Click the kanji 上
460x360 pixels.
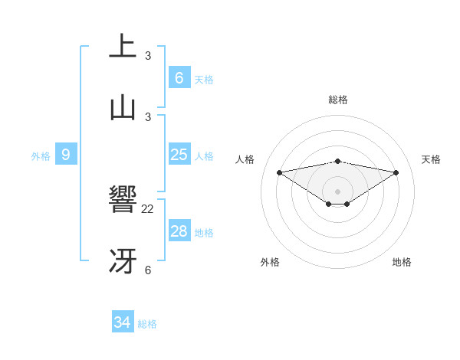point(123,45)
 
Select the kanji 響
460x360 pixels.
point(123,201)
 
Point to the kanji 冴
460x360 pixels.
point(123,261)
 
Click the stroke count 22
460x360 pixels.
point(148,208)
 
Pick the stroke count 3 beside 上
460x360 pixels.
point(148,55)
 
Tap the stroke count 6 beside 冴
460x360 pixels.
point(148,270)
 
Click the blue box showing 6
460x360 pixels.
point(179,78)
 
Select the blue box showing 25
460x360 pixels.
point(179,155)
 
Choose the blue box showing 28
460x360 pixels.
point(179,231)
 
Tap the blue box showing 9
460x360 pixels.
point(66,155)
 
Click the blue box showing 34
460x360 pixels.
point(123,322)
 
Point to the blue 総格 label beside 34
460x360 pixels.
point(147,324)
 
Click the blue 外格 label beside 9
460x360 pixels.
point(41,156)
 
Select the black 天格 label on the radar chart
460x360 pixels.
point(431,159)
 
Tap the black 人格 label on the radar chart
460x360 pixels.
point(245,159)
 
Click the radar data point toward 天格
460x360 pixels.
point(396,172)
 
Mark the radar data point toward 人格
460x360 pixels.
point(279,172)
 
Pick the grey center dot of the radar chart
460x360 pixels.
point(337,191)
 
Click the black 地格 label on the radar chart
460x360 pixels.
point(402,262)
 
